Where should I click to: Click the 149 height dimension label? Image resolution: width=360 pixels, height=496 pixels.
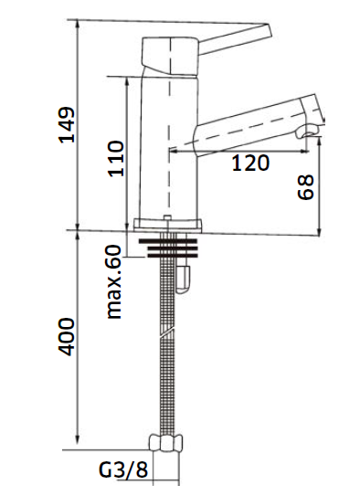coord(67,125)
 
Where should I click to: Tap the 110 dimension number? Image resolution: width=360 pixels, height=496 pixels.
coord(115,159)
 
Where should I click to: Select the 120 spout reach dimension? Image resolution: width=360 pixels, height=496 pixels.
coord(250,163)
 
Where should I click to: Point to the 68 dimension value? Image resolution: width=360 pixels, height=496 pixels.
coord(306,187)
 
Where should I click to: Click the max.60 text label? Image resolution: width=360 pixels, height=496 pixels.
coord(114,281)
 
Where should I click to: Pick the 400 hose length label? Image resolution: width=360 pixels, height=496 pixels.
coord(67,337)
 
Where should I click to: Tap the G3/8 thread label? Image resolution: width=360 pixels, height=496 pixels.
coord(123,470)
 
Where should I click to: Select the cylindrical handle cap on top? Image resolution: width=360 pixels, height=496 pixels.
coord(170,57)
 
